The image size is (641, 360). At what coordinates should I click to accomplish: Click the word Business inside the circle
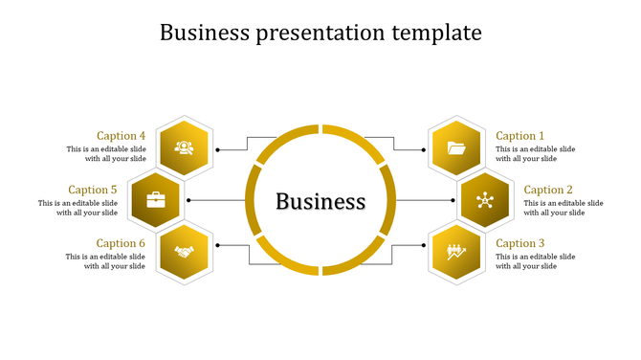pos(320,201)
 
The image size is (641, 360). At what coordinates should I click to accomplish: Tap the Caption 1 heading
pos(519,136)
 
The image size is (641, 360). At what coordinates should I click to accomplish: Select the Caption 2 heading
pos(548,190)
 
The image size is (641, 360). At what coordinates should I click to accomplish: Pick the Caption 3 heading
pos(519,243)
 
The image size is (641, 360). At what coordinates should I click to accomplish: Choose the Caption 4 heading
pos(122,136)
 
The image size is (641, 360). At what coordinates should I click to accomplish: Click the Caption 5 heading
pos(93,190)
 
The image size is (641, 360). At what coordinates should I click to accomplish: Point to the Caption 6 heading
pos(122,243)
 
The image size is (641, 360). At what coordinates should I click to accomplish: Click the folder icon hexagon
pos(456,147)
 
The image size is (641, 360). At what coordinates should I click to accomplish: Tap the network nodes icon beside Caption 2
pos(484,200)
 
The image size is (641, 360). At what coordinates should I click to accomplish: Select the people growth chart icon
pos(456,253)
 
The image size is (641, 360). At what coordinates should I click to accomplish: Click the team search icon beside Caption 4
pos(185,147)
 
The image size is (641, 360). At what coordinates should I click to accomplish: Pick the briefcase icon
pos(156,200)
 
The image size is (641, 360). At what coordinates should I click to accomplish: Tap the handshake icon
pos(185,253)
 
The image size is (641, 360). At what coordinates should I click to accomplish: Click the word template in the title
pos(436,33)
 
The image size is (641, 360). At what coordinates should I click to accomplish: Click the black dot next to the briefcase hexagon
pos(188,200)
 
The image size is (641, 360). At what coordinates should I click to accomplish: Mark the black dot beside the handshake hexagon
pos(218,245)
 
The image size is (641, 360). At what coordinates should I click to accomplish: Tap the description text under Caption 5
pos(78,208)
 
